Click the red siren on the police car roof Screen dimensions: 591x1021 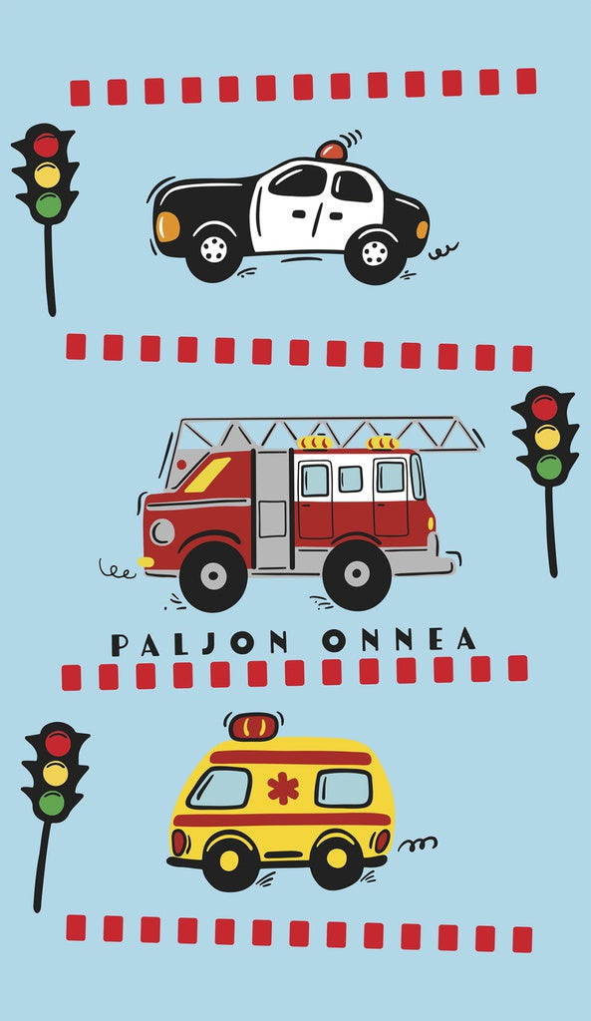point(332,152)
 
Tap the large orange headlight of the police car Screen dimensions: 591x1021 point(167,226)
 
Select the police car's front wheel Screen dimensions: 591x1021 point(213,250)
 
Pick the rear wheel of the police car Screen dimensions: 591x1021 point(375,253)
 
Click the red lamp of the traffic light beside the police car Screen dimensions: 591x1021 point(46,146)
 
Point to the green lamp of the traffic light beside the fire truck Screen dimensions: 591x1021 point(549,467)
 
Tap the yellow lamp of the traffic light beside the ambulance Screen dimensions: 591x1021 point(56,773)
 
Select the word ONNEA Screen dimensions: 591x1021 point(399,641)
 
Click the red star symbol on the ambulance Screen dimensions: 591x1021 point(283,789)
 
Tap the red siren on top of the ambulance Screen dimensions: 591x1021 point(253,727)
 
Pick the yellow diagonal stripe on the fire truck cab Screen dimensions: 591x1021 point(207,474)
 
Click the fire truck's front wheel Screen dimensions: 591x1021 point(213,576)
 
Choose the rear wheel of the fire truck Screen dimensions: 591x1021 point(357,574)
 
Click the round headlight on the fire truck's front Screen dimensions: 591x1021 point(162,532)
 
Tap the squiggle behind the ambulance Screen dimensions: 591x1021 point(418,844)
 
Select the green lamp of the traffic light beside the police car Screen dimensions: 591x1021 point(48,205)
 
